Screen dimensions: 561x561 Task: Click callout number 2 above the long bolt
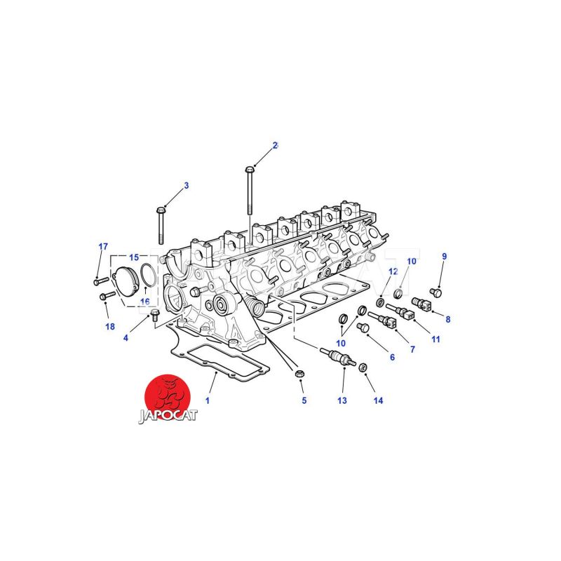[x=275, y=145]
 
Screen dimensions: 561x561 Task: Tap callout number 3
[x=187, y=186]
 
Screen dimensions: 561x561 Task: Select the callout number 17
[x=103, y=247]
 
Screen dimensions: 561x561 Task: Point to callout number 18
[x=110, y=326]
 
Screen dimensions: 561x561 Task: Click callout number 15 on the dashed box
[x=134, y=257]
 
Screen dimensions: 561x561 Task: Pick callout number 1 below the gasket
[x=207, y=400]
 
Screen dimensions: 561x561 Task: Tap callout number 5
[x=304, y=400]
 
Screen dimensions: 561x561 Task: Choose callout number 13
[x=342, y=400]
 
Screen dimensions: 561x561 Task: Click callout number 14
[x=378, y=400]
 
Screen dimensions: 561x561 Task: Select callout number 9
[x=445, y=256]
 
